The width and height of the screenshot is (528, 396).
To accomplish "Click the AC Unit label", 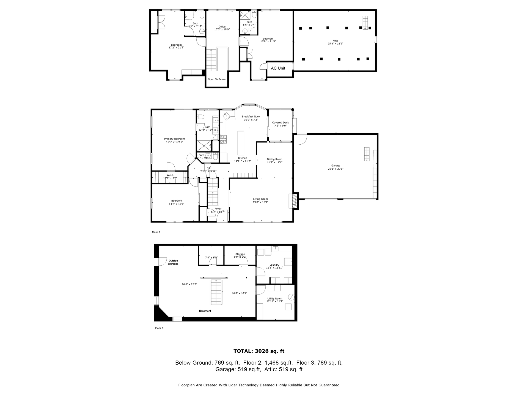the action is [x=278, y=68].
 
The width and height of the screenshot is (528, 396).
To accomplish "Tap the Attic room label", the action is [x=335, y=41].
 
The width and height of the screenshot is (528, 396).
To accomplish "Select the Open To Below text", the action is [x=216, y=79].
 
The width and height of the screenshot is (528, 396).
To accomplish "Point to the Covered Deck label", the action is [x=280, y=123].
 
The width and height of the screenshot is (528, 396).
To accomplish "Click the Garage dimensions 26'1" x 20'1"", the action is [x=335, y=169].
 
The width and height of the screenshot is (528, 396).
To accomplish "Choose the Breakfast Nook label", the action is [x=251, y=117].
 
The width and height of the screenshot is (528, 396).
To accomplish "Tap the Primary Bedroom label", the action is [x=174, y=139].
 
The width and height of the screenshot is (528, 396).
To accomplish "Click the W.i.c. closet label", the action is [x=170, y=175].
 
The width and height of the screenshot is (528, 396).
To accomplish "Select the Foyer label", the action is [x=218, y=209].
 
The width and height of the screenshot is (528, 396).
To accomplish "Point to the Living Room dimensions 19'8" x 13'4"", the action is [x=260, y=202].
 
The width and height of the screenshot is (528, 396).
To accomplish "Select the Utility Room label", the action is [x=274, y=298].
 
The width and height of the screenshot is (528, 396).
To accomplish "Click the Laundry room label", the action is [x=274, y=265].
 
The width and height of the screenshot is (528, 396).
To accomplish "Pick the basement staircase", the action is [x=216, y=292].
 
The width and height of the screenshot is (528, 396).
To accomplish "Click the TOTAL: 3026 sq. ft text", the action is [x=259, y=351].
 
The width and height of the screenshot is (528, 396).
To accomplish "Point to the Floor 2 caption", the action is [x=156, y=232].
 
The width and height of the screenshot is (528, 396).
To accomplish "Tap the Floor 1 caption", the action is [x=159, y=328].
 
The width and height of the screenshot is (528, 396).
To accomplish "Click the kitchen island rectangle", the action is [x=241, y=143].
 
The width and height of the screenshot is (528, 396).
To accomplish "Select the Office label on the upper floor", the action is [x=222, y=27].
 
